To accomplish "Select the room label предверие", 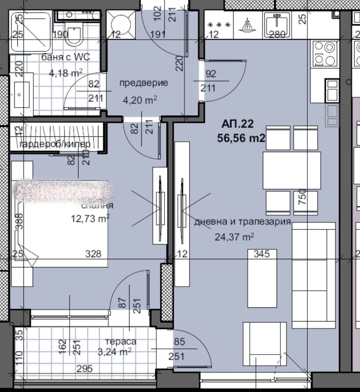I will (143, 83).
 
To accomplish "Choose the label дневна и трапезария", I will (243, 222).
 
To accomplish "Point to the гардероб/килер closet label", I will (55, 144).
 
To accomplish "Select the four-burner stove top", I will (325, 53).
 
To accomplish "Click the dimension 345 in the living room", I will (261, 254).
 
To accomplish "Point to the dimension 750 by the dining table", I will (302, 198).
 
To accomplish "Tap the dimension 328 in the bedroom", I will (94, 254).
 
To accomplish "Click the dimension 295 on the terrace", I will (84, 369).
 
